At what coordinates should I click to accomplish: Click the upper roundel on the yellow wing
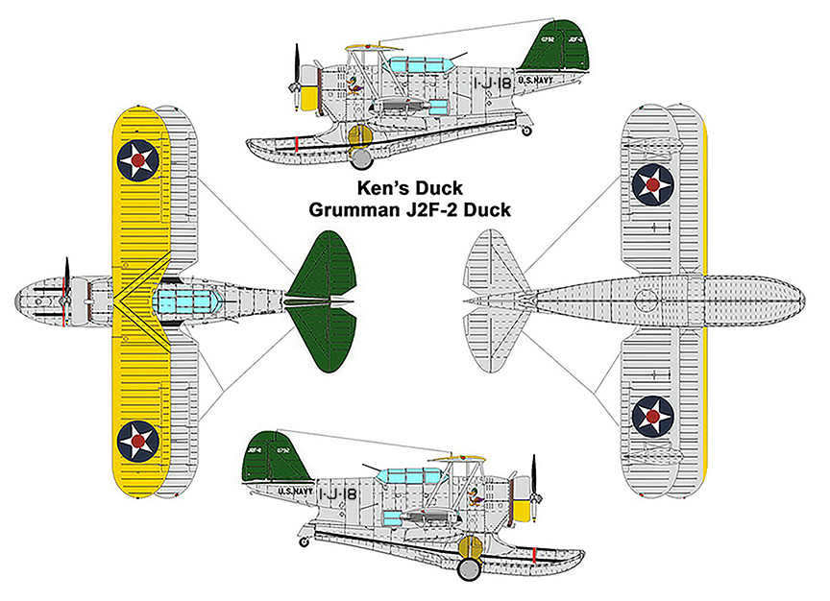pos(139,160)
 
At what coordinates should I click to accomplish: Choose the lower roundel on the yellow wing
pos(138,440)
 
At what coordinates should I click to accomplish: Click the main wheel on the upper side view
pos(360,156)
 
